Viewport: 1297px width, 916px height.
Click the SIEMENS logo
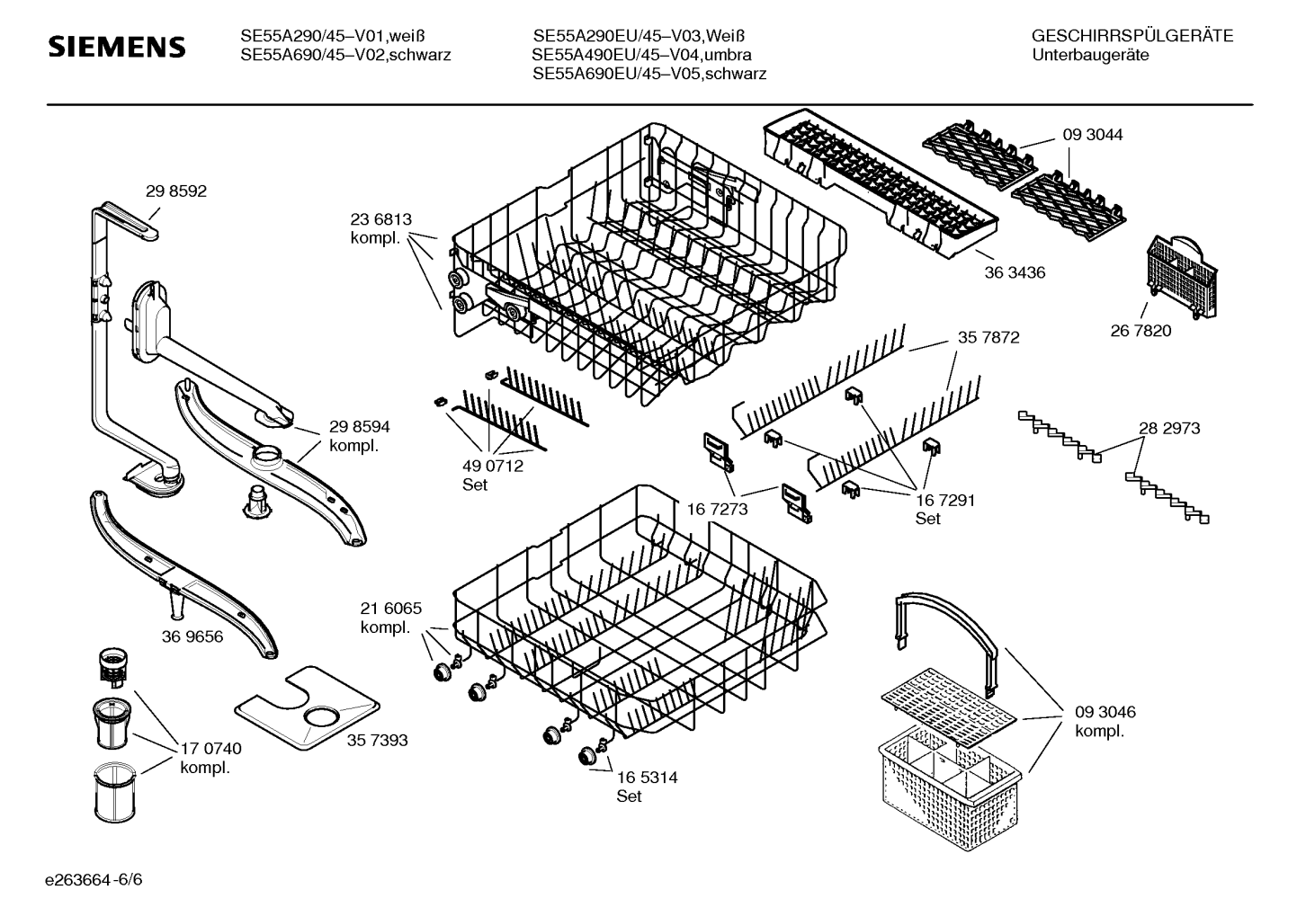[x=117, y=46]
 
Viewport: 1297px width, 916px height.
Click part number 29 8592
[x=176, y=191]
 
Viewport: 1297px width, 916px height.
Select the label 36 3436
[x=1015, y=272]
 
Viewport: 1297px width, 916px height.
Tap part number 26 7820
[x=1140, y=331]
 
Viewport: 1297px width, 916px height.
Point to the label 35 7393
[x=378, y=740]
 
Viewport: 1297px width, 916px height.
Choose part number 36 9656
[x=192, y=636]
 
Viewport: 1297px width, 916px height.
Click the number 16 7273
[x=718, y=509]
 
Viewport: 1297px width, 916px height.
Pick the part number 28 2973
[x=1169, y=428]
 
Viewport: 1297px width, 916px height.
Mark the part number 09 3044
[x=1093, y=134]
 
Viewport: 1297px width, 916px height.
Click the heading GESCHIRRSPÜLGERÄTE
[x=1132, y=36]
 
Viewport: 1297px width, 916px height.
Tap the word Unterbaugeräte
[x=1090, y=55]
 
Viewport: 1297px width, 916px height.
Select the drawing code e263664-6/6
[x=94, y=879]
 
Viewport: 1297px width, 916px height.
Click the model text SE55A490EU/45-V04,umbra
[x=641, y=55]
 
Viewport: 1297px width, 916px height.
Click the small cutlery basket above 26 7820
[x=1182, y=276]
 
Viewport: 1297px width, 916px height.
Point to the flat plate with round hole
[x=308, y=707]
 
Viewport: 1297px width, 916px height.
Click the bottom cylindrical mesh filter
[x=115, y=791]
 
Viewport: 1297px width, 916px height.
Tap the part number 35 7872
[x=988, y=337]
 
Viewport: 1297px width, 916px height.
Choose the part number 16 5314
[x=647, y=778]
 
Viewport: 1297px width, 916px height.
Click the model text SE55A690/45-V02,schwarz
[x=345, y=55]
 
